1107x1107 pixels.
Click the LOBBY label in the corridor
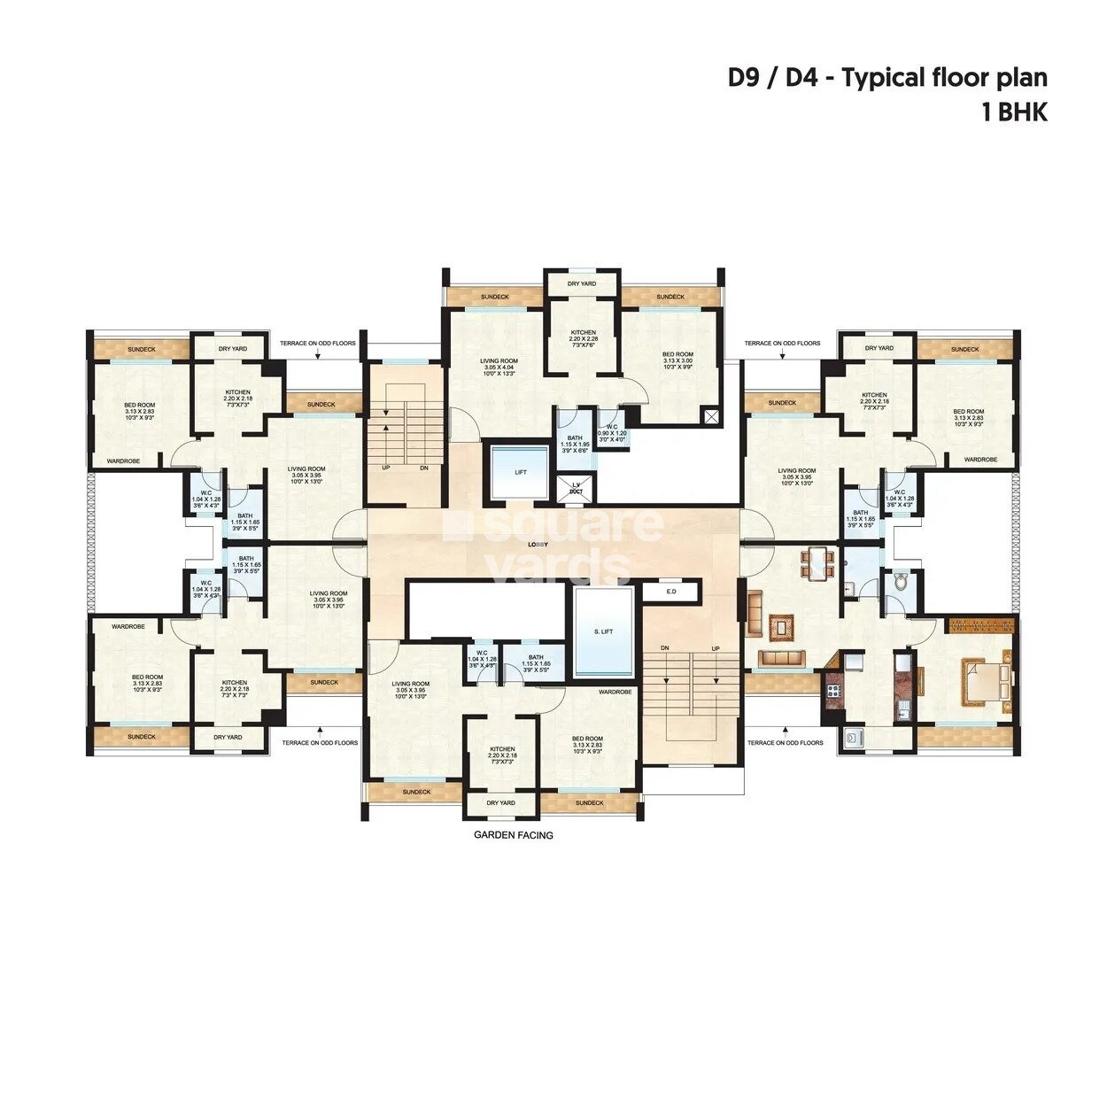click(x=538, y=544)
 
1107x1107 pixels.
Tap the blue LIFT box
click(x=521, y=472)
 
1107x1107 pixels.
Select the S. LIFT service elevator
click(x=603, y=631)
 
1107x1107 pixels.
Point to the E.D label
click(x=671, y=591)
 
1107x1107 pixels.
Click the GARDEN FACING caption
click(x=514, y=835)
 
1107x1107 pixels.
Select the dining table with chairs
click(x=817, y=564)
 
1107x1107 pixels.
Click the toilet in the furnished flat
click(x=901, y=582)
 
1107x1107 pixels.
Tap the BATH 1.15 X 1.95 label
click(x=575, y=443)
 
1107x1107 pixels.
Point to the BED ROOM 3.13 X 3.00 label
click(x=677, y=360)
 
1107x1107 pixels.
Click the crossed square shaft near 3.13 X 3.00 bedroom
click(x=711, y=416)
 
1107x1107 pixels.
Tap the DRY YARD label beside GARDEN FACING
click(x=500, y=803)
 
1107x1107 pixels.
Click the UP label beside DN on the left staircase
click(x=385, y=468)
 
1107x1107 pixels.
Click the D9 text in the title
click(x=745, y=78)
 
